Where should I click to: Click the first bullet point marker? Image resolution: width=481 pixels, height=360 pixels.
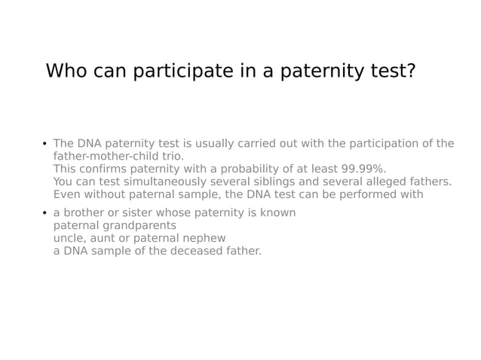point(44,145)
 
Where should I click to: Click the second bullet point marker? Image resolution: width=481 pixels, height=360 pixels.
point(44,214)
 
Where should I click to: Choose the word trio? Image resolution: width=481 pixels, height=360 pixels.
point(170,156)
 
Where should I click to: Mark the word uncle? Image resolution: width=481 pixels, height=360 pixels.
point(69,238)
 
